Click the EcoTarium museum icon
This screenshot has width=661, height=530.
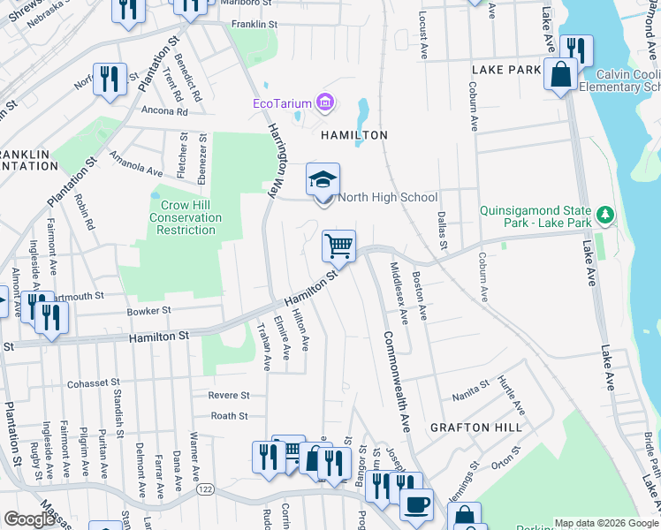pos(325,103)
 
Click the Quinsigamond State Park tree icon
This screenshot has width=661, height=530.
pos(605,214)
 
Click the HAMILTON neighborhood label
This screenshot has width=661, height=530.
pos(353,135)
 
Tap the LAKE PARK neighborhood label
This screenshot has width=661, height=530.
pos(505,69)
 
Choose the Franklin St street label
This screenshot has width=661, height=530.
pos(255,25)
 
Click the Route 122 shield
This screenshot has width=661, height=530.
pos(206,488)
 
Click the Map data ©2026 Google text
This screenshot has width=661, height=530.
pos(605,522)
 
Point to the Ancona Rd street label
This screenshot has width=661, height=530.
pos(164,112)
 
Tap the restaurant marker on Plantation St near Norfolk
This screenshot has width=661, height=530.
pos(110,78)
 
